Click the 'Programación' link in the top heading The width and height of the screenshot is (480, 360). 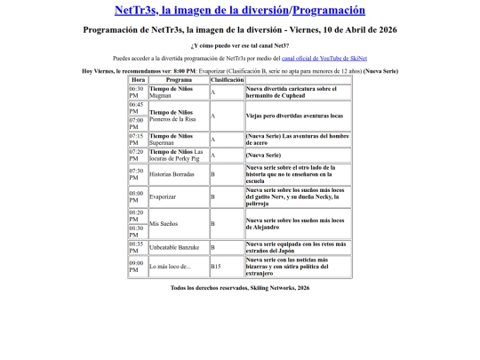328,11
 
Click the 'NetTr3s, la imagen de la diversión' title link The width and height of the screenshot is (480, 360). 201,11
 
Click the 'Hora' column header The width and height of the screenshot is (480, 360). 138,79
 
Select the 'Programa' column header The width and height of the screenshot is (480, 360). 178,79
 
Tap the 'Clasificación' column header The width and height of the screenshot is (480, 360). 226,79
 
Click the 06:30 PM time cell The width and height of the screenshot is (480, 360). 137,92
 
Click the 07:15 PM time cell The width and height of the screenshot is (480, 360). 137,139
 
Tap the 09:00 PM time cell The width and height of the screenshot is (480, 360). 137,266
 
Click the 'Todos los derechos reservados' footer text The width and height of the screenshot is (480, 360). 240,288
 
